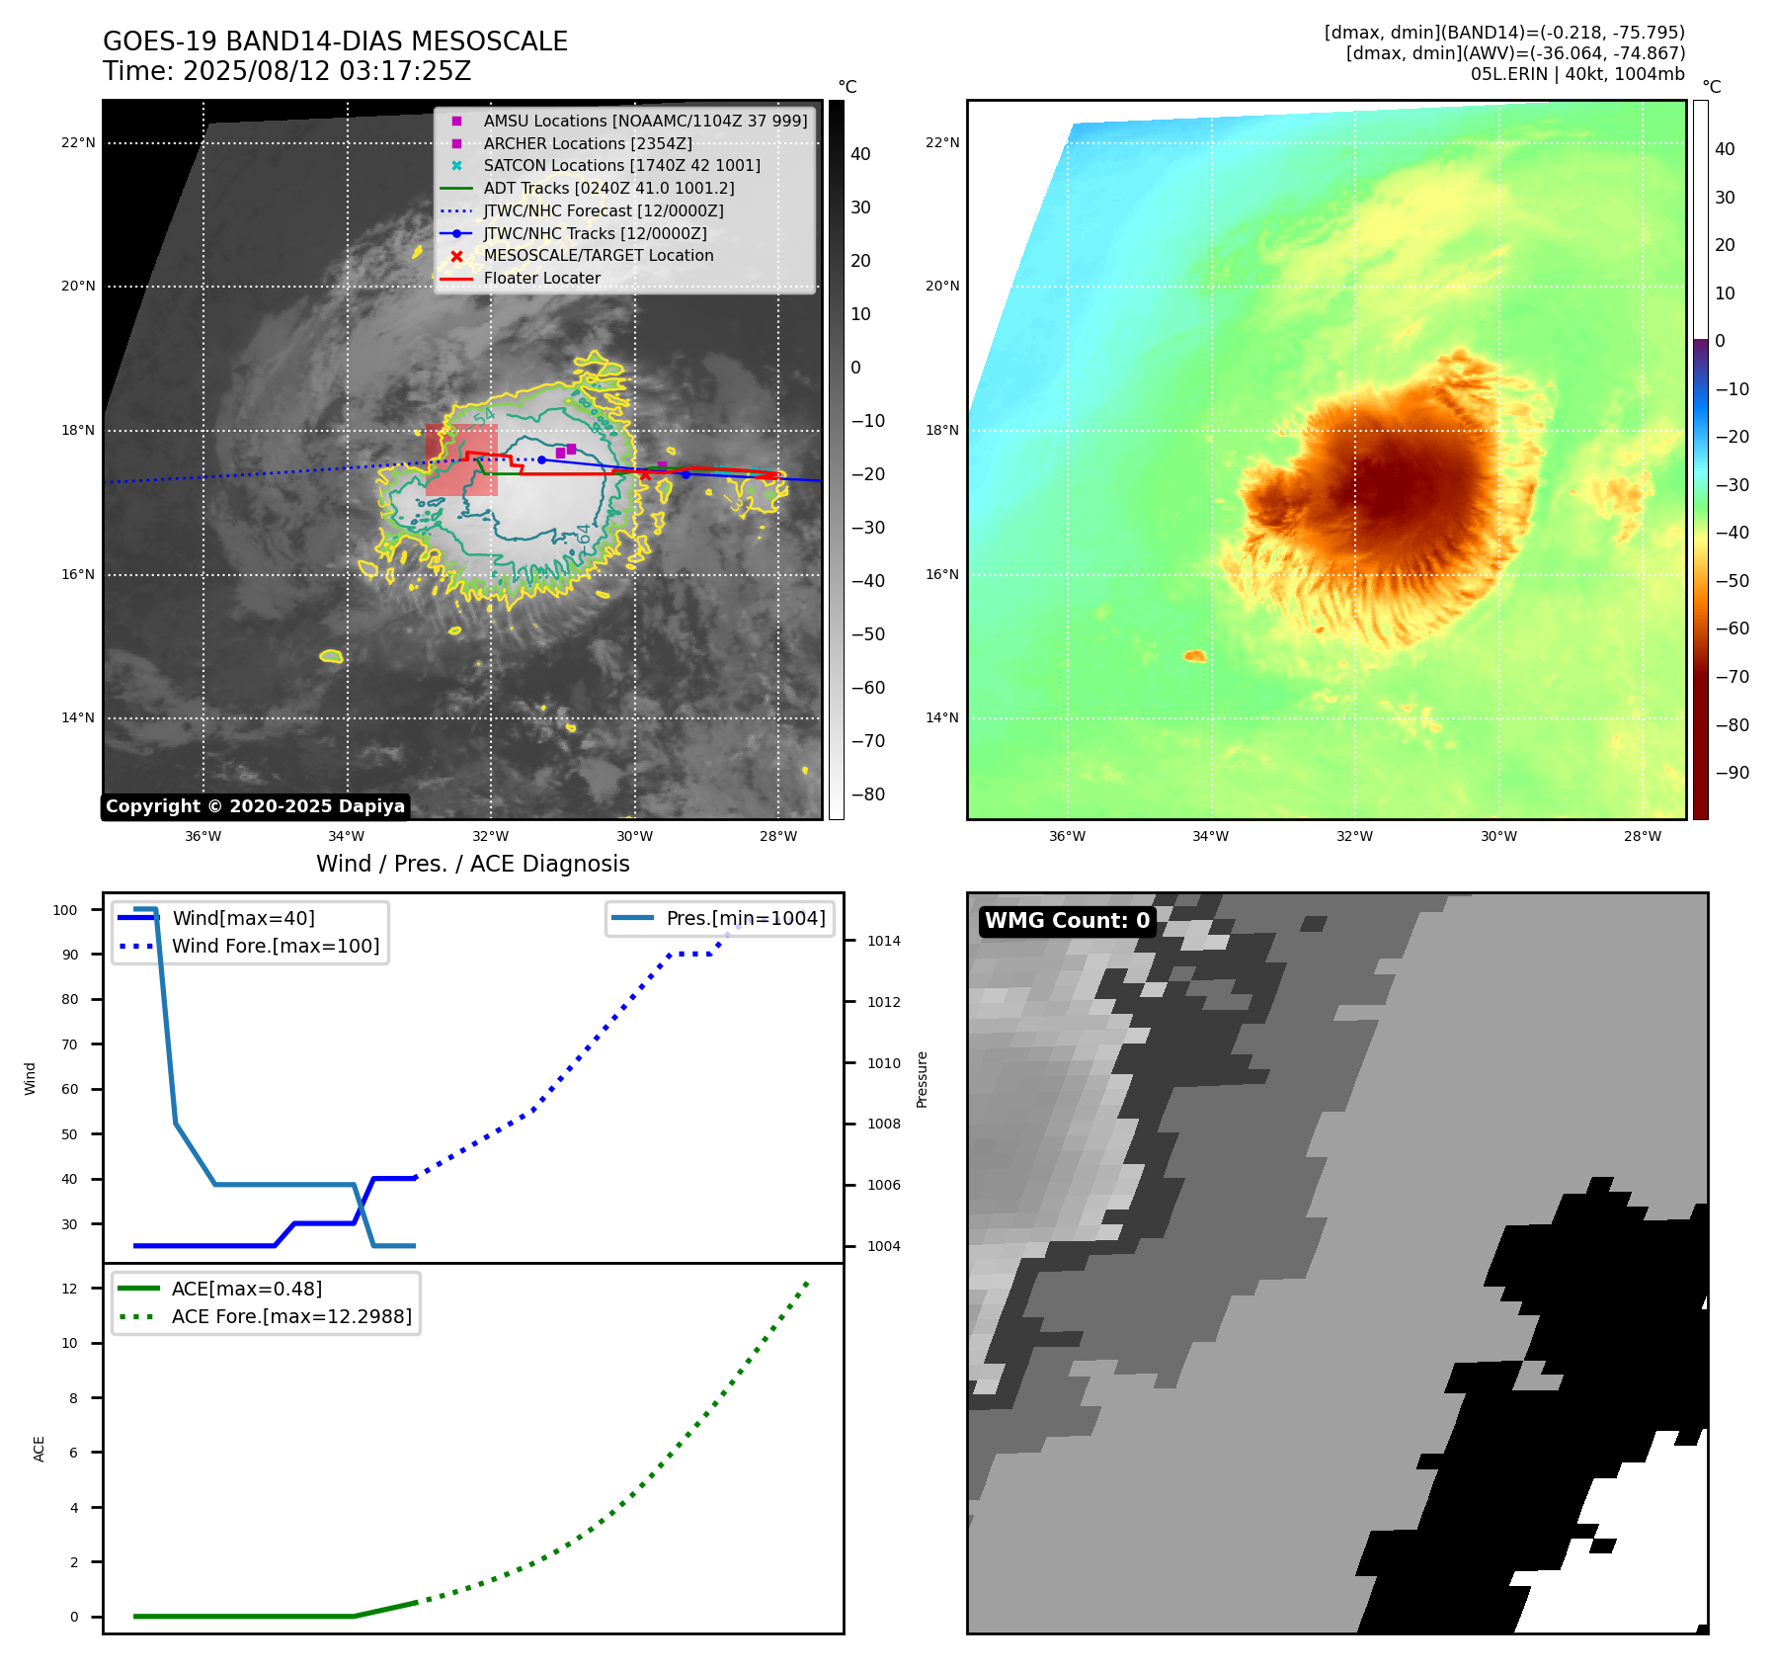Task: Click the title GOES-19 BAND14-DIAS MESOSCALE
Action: (335, 42)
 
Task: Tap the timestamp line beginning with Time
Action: (286, 72)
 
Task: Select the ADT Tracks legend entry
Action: (608, 188)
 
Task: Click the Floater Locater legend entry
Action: (541, 279)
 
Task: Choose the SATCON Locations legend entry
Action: (621, 166)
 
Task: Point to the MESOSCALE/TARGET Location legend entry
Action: (598, 256)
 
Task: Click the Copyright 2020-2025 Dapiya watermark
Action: (255, 806)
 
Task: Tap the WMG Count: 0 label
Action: (1067, 921)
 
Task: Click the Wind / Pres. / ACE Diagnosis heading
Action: (472, 864)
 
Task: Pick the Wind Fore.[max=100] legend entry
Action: (275, 946)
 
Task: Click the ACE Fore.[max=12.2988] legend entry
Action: (291, 1316)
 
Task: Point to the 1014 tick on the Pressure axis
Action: (883, 941)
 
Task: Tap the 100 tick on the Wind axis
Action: (65, 910)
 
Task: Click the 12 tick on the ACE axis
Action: (69, 1289)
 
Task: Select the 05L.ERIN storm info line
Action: (1576, 74)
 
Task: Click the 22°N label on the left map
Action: (78, 143)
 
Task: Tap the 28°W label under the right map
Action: (1642, 836)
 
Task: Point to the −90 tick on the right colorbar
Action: (1732, 773)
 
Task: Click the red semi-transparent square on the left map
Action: (461, 460)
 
